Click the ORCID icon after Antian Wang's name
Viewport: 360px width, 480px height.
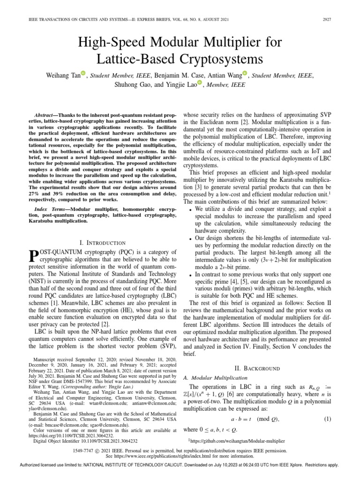click(x=244, y=73)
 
